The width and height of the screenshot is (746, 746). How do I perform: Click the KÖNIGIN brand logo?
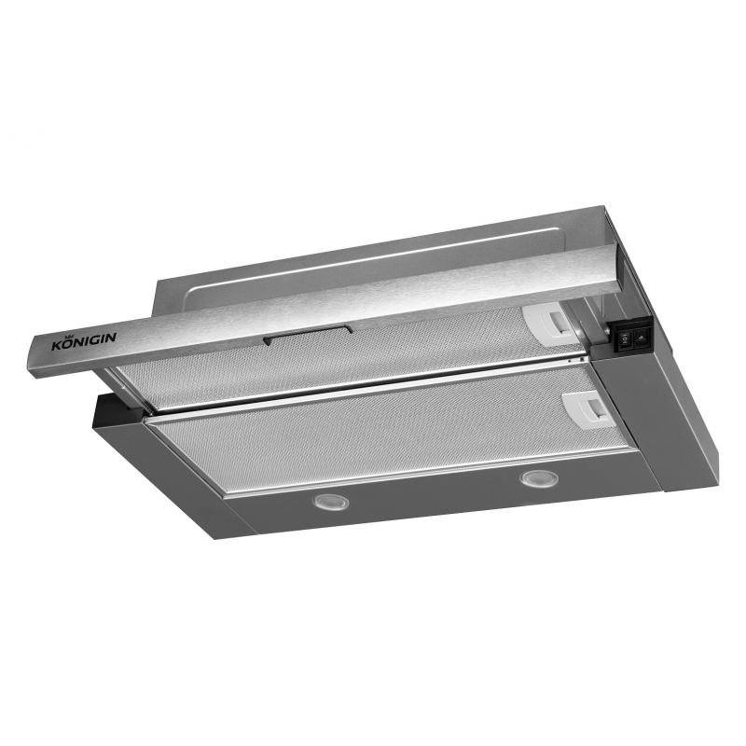point(84,340)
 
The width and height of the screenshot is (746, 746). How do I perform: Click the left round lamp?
point(331,502)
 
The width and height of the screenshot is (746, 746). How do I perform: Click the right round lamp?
point(539,477)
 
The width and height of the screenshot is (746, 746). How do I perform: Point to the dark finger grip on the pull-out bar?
point(308,335)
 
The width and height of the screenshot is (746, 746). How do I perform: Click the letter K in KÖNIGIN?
point(57,345)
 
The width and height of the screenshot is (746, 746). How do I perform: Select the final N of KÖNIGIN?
point(111,337)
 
